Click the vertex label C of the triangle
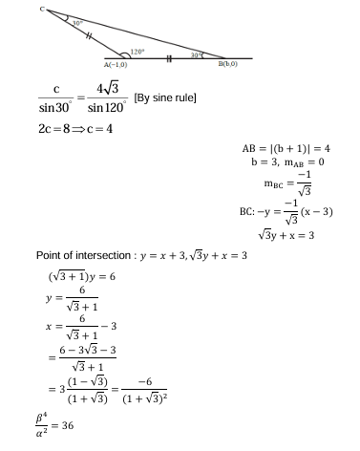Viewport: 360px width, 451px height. click(x=42, y=8)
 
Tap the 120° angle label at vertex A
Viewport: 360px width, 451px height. click(x=138, y=51)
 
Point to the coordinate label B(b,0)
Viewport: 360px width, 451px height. click(x=229, y=64)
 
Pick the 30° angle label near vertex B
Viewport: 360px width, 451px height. click(x=196, y=55)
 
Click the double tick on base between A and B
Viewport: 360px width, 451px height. click(x=169, y=58)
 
